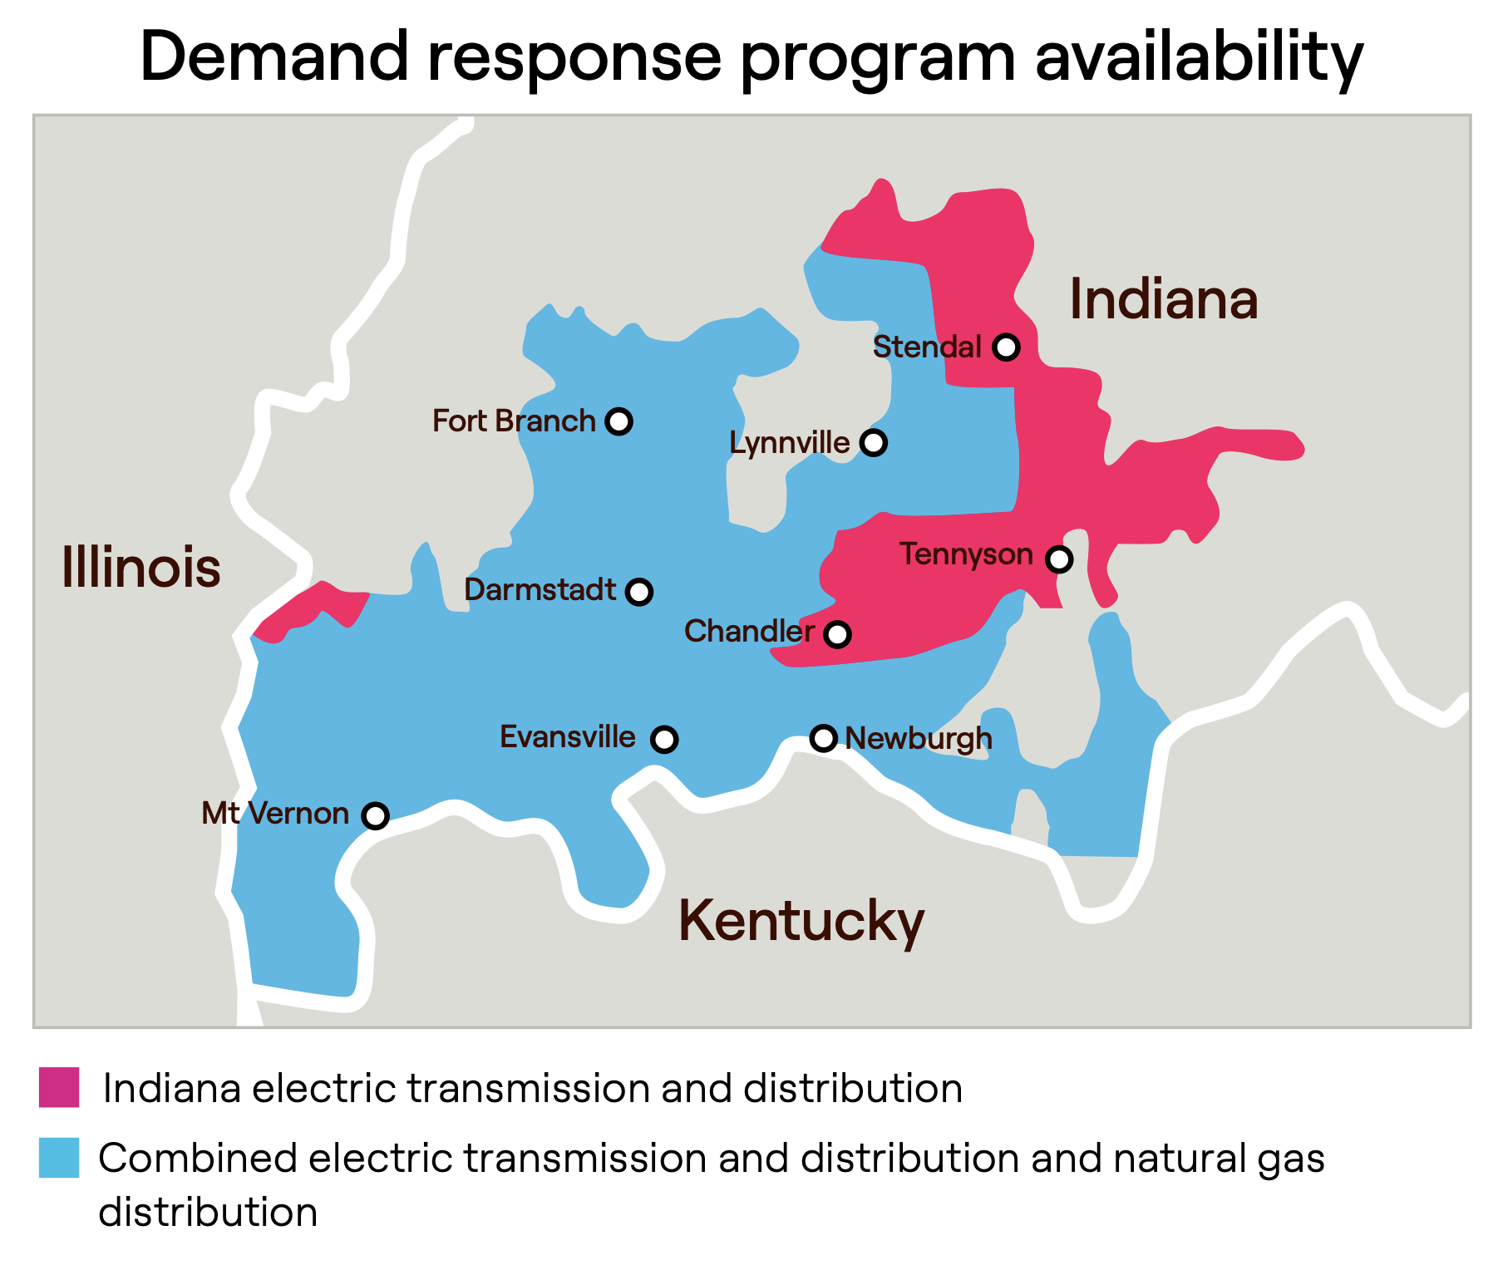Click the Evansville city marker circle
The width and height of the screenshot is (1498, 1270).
663,739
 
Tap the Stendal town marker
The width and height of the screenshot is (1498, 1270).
1006,347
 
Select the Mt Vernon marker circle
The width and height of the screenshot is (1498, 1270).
376,815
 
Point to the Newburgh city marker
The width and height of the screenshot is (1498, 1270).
823,737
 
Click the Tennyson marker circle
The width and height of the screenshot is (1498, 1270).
1058,559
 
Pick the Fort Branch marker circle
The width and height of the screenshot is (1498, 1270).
618,421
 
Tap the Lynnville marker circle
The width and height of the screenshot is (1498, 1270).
873,442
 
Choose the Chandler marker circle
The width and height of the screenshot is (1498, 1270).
837,634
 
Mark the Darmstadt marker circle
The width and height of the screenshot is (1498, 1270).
638,592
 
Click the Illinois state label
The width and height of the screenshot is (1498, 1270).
141,569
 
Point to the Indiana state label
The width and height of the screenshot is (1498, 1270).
1163,299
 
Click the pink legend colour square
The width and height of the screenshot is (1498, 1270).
59,1087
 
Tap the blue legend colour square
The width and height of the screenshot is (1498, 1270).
59,1158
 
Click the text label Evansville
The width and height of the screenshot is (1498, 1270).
567,737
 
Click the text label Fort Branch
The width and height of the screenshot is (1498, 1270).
514,421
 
